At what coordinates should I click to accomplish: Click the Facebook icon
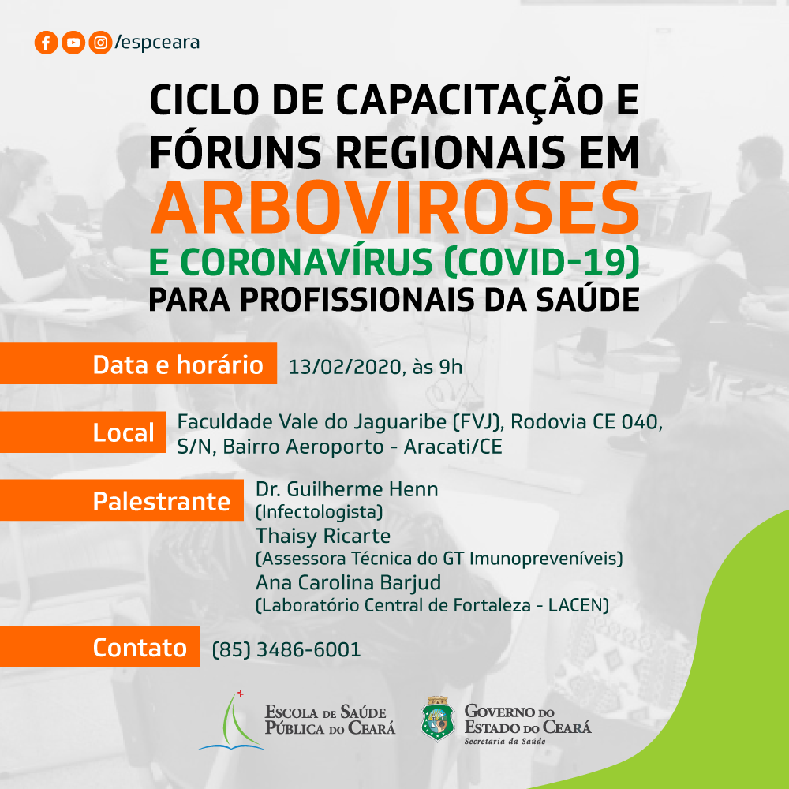coord(46,43)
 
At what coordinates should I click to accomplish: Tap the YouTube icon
coord(73,43)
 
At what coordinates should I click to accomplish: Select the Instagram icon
coord(100,43)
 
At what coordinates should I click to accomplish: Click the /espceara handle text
coord(158,43)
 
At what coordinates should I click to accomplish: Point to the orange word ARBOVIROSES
coord(394,208)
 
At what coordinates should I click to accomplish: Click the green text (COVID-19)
coord(543,263)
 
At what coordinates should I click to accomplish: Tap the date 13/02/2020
coord(344,368)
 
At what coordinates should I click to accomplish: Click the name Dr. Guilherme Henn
coord(346,489)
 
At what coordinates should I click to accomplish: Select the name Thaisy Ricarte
coord(323,537)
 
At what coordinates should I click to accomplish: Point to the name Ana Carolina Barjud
coord(348,583)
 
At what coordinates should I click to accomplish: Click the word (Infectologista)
coord(320,512)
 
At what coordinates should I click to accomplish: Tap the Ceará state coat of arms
coord(437,719)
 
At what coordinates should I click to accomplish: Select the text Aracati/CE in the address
coord(453,447)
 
